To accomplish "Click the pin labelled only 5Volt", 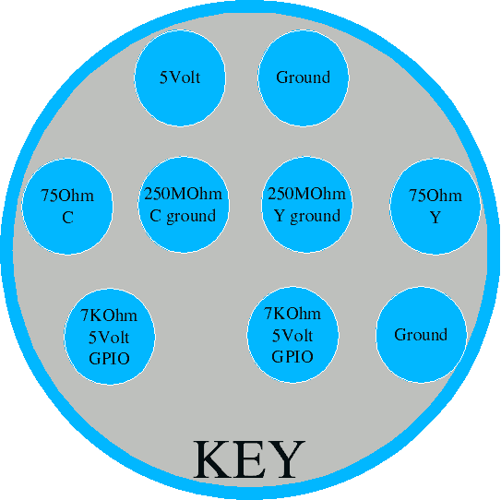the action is coord(180,78).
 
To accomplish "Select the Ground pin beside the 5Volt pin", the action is coord(304,78).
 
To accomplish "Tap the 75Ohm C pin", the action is coord(67,206).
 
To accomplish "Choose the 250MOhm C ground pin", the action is coord(184,205).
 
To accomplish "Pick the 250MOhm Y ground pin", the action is coord(306,205).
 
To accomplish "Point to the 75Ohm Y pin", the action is coord(435,206).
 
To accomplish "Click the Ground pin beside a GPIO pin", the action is coord(421,335).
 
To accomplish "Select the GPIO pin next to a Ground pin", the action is coord(292,335).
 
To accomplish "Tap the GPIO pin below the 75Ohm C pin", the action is coord(110,337).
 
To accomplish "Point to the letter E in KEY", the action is coord(251,459).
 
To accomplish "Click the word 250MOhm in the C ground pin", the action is coord(183,194).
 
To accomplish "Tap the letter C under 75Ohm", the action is coord(67,218).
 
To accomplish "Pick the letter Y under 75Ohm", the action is coord(435,218).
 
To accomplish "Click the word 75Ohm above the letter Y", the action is coord(435,196).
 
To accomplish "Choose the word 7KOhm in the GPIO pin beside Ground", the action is coord(292,314).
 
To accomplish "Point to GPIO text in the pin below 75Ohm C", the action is coord(109,359).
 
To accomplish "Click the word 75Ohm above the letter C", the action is coord(67,196).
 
